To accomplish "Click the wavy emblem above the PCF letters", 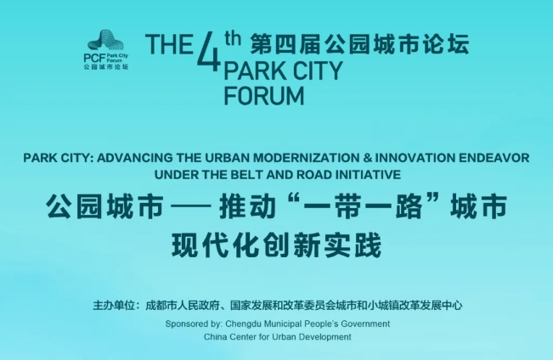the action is click(x=106, y=41).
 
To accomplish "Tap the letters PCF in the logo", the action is click(x=94, y=59).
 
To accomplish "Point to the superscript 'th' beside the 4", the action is click(x=233, y=39).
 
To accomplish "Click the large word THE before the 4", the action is click(x=169, y=44).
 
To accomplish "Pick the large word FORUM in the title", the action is click(x=264, y=96).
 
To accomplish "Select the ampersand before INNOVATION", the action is click(x=367, y=158).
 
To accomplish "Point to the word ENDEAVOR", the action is click(x=494, y=158).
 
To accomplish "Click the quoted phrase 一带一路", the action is click(x=363, y=206).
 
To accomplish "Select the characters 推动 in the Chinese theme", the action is click(x=247, y=206).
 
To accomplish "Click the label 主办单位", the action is click(x=114, y=306).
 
